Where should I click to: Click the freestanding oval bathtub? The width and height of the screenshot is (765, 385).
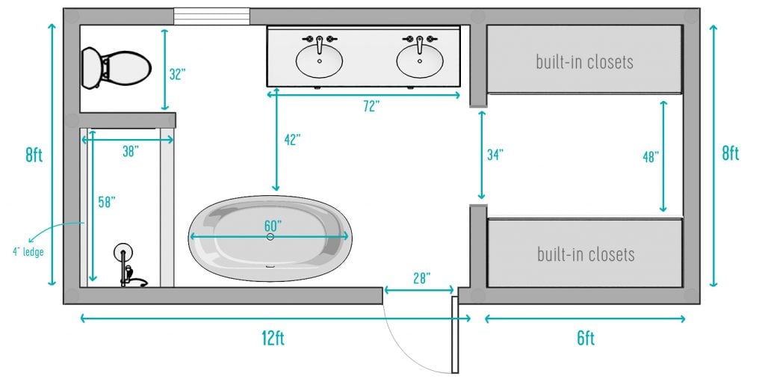[270, 238]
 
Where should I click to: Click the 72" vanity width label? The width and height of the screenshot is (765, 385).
[371, 106]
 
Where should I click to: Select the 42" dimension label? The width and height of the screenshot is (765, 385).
[291, 139]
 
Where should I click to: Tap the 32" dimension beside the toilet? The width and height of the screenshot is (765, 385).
[177, 74]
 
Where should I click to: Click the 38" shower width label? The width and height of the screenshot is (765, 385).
[131, 151]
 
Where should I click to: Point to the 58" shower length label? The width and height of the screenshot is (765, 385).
[108, 201]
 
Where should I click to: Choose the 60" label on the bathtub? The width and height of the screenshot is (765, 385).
[272, 225]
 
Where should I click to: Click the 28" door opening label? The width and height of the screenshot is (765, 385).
[421, 278]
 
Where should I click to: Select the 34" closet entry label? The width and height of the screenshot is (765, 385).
[495, 155]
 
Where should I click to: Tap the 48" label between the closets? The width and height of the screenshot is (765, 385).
[650, 157]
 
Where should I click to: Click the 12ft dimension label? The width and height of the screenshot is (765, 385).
[273, 338]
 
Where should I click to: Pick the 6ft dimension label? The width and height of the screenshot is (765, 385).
[586, 338]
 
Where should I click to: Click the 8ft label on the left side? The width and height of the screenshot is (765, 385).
[34, 155]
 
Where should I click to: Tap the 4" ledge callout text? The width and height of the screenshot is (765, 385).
[28, 251]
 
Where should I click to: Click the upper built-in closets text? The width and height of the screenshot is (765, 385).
[584, 61]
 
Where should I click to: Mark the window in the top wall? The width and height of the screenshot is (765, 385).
[211, 16]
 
